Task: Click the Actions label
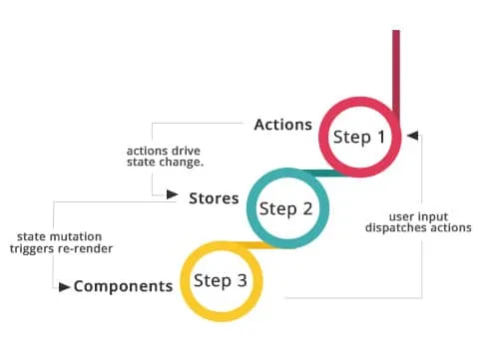[283, 125]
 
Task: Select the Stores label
[214, 197]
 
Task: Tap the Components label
[123, 286]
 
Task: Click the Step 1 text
[358, 137]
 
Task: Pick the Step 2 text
[285, 208]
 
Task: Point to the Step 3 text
[220, 280]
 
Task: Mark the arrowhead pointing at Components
[65, 287]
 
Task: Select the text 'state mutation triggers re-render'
[62, 243]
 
